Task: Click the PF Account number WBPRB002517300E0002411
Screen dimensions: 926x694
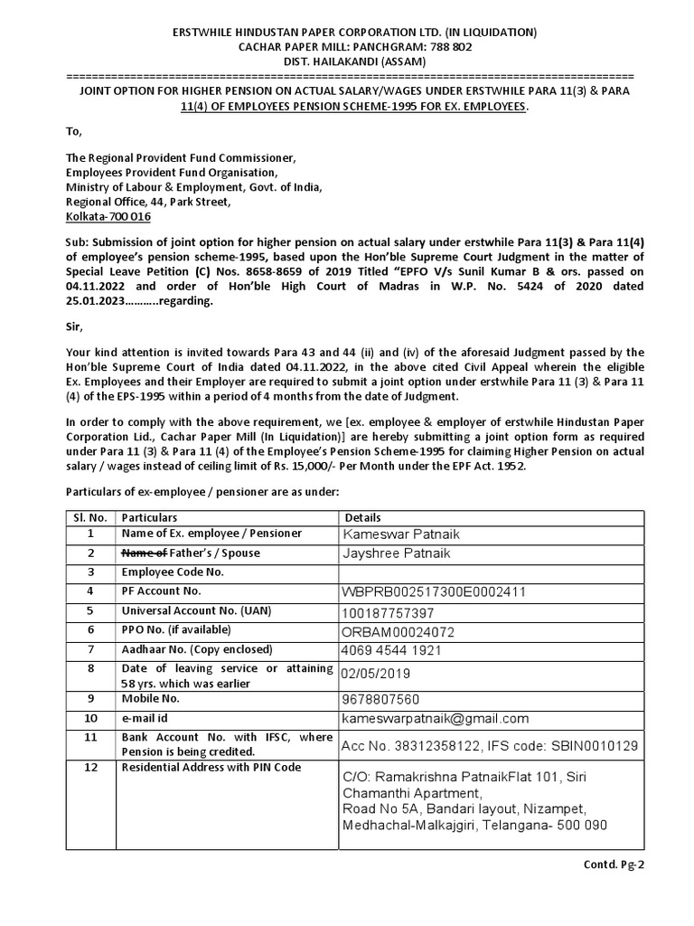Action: pos(433,592)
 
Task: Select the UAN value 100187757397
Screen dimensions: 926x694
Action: pos(393,612)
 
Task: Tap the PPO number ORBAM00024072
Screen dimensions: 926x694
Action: pos(397,631)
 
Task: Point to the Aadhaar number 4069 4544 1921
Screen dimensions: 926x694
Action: pos(391,650)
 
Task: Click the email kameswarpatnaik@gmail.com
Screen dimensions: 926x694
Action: pos(435,718)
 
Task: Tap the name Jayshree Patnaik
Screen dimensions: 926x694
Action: pos(396,553)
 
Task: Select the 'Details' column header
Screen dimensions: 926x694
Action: pos(364,517)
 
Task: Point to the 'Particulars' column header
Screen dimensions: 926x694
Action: pos(149,517)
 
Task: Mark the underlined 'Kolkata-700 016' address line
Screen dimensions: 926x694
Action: pos(108,217)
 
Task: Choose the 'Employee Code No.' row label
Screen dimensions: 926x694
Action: pos(173,572)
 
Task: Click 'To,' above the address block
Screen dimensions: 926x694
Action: pos(74,132)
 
